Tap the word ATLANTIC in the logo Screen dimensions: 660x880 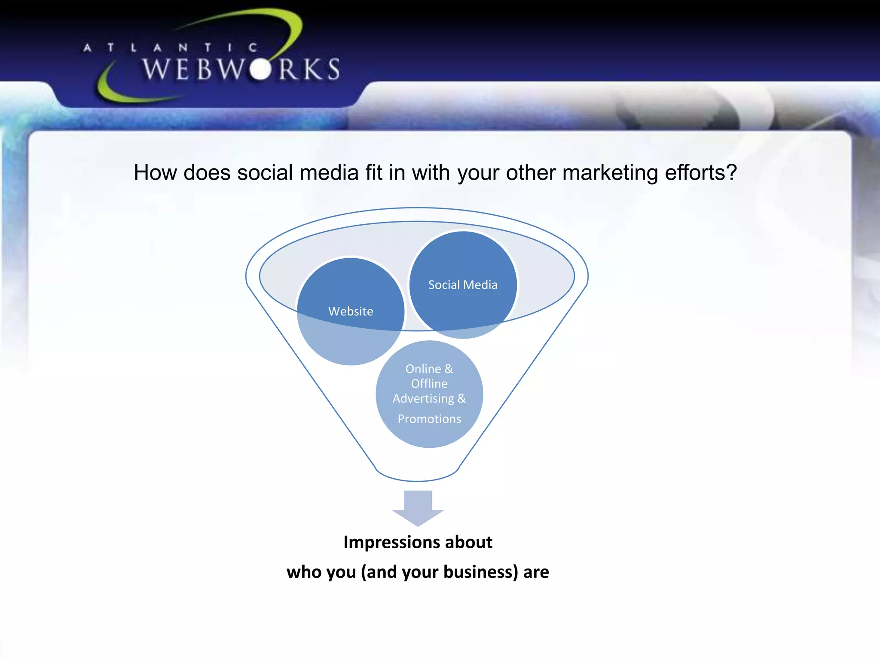click(x=171, y=47)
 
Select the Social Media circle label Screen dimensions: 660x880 click(x=463, y=285)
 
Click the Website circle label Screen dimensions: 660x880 click(x=351, y=311)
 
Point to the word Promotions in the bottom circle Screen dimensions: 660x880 click(x=429, y=419)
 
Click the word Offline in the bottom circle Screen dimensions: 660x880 click(x=429, y=384)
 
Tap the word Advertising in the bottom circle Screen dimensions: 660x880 click(x=423, y=399)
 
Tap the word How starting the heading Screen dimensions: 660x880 click(x=155, y=173)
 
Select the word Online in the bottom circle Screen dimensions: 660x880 click(x=423, y=369)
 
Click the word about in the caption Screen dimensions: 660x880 click(x=468, y=543)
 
